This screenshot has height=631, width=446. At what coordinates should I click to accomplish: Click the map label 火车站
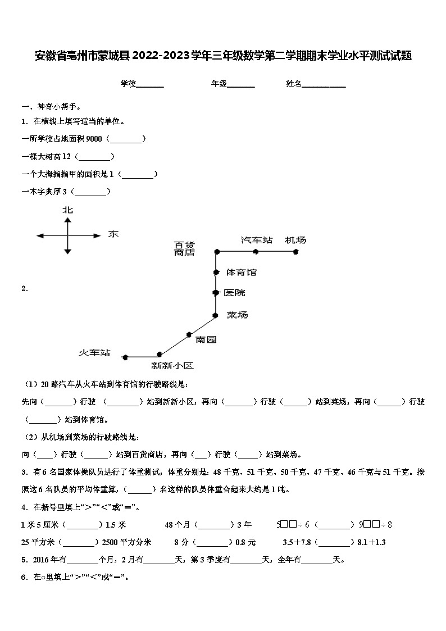point(94,353)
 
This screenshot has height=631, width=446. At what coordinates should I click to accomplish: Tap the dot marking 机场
point(295,252)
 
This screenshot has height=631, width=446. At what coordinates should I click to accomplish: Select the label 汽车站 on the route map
point(257,240)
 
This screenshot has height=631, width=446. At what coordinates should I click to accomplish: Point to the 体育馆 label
point(241,273)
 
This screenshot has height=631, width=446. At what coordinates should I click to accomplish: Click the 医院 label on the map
point(234,293)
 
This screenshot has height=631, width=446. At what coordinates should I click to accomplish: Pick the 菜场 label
point(237,315)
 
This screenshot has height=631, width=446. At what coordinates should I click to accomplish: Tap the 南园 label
point(206,339)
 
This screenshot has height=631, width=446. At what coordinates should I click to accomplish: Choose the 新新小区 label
point(172,366)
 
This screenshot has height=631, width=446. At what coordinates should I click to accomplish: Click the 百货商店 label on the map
point(184,248)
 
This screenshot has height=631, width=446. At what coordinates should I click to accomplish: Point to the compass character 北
point(67,210)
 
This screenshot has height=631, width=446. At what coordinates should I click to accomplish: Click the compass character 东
point(113,234)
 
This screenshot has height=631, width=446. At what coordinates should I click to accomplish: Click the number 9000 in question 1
point(94,138)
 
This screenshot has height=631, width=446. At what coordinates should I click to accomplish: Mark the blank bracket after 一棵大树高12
point(94,156)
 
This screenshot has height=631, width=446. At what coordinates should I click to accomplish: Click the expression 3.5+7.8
point(297,542)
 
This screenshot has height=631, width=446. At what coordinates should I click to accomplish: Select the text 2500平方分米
point(126,542)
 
